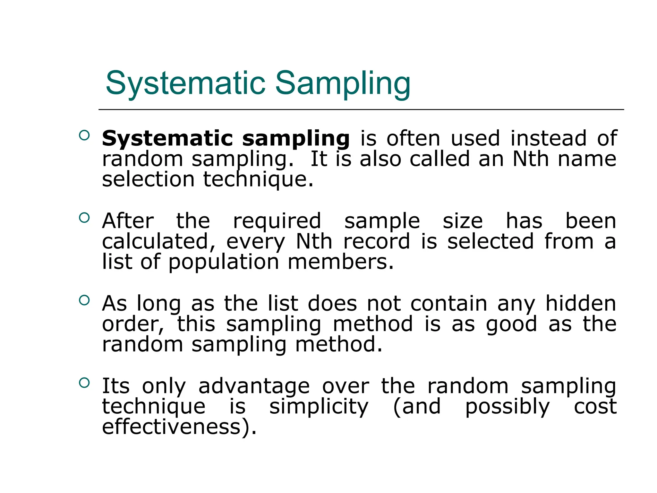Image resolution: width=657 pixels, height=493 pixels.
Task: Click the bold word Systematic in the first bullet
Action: click(167, 139)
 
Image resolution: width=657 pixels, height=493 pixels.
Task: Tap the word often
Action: click(413, 139)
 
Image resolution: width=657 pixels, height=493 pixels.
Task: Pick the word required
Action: click(277, 221)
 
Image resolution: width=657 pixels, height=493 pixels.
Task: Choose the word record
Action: click(377, 242)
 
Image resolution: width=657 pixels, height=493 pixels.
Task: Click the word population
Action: click(224, 262)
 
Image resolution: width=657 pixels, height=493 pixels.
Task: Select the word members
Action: click(340, 262)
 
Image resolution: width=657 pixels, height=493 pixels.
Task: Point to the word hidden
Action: click(581, 303)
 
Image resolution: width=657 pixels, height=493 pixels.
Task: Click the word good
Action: click(511, 324)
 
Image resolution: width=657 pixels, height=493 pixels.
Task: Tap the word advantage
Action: click(254, 386)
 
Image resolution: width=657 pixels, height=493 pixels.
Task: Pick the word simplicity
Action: click(319, 407)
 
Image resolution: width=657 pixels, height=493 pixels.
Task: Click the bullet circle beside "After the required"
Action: click(84, 218)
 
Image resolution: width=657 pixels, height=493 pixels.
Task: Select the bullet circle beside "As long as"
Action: click(84, 300)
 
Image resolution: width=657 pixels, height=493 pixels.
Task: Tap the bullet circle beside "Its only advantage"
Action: click(84, 383)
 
